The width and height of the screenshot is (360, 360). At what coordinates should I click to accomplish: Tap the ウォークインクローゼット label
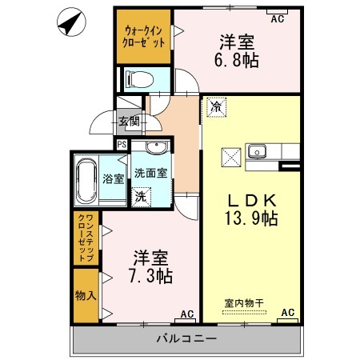coord(144,37)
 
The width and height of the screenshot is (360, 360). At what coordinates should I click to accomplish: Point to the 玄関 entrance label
coord(129,122)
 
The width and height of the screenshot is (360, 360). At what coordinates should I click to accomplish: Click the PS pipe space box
coord(121,144)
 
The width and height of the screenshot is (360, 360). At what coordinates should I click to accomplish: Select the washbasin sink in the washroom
coord(154,147)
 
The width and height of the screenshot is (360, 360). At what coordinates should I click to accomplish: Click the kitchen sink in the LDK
coord(258,151)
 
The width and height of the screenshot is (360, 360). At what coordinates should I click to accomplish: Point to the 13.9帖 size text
coord(250,218)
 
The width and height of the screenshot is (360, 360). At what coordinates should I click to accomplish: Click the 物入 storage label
coord(86,295)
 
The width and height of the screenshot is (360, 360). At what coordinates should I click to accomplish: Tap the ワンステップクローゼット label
coord(87,238)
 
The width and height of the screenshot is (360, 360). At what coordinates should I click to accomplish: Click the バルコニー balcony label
coord(185,339)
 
